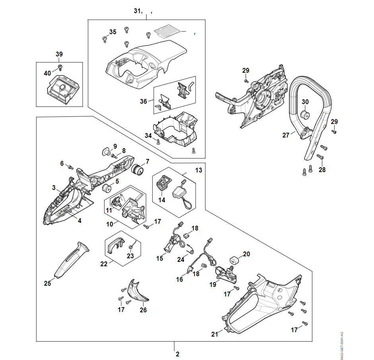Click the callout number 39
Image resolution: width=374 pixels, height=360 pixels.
[59, 54]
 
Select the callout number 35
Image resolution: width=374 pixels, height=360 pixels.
[113, 32]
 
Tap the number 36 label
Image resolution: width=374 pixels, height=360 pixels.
[143, 101]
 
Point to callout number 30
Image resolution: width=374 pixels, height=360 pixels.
[305, 102]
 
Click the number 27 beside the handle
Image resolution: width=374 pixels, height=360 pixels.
[286, 135]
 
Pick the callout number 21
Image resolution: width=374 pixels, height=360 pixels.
[215, 334]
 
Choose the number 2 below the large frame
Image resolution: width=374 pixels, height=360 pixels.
[177, 354]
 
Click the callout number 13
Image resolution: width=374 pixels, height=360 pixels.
[198, 170]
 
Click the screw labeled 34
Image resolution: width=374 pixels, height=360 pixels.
[158, 141]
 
